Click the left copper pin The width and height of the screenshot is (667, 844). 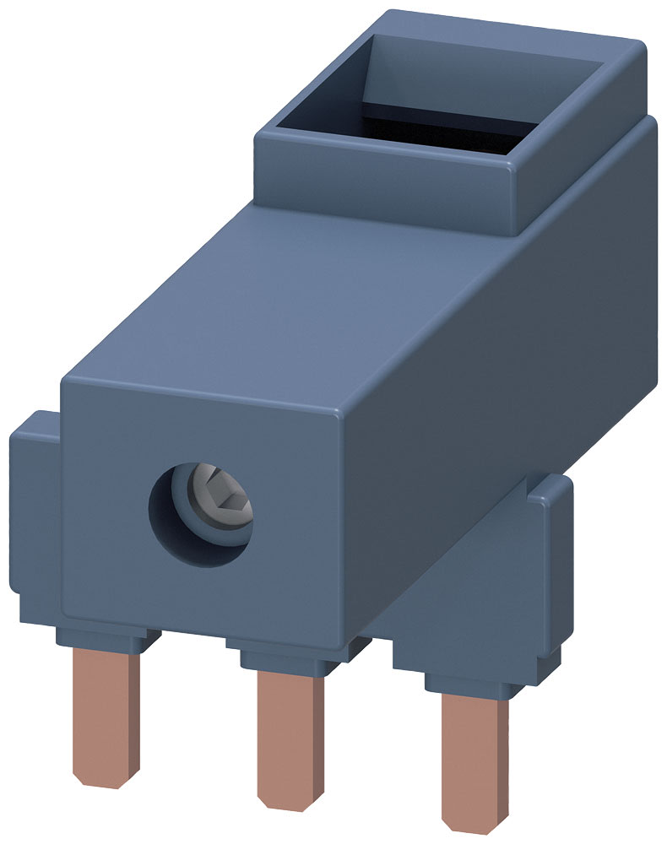point(105,717)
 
